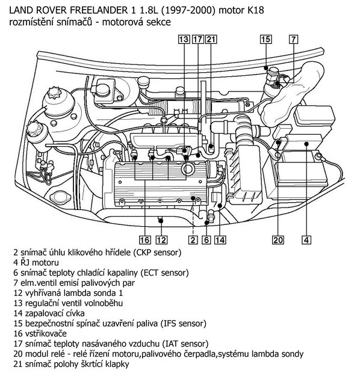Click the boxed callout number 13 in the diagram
(184, 40)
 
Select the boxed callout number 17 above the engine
(197, 40)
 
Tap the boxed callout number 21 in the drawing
(211, 40)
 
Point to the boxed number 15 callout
(265, 40)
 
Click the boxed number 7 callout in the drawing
(293, 40)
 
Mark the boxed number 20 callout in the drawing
(277, 240)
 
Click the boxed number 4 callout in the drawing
(306, 240)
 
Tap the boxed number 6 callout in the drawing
(206, 240)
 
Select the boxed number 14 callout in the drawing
(220, 240)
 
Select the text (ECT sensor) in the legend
(178, 273)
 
